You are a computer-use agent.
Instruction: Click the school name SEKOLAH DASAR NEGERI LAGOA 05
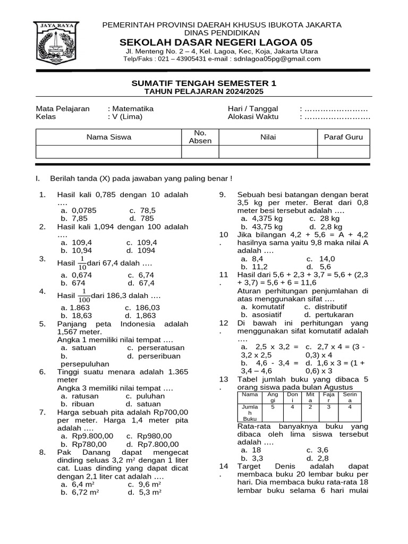pos(216,42)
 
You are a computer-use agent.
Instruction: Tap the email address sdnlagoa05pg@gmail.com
pos(277,59)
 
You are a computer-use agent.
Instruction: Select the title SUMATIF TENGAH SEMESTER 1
pos(204,83)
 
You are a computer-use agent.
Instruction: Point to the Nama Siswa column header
pos(108,137)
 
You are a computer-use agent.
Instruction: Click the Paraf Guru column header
pos(343,137)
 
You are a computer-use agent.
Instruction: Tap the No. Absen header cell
pos(200,137)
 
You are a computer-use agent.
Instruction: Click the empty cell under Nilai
pos(268,152)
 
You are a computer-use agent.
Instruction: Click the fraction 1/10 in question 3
pos(82,262)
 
